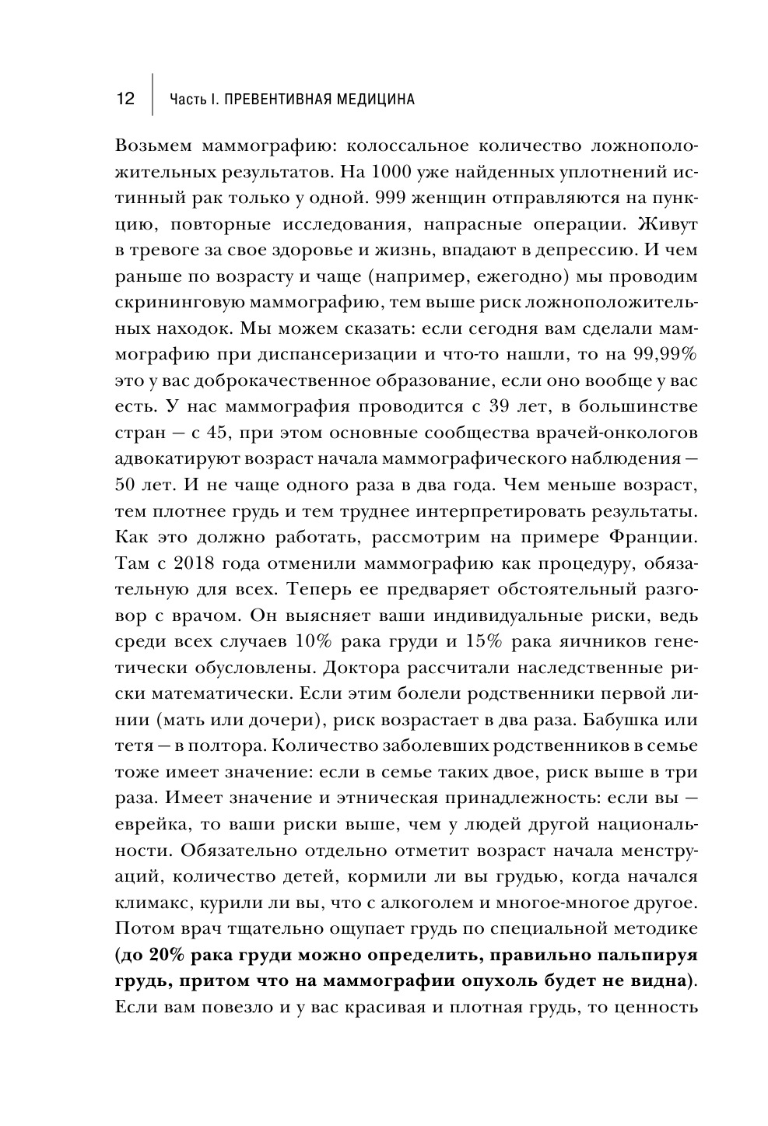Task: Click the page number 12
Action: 125,100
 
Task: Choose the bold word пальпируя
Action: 650,953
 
